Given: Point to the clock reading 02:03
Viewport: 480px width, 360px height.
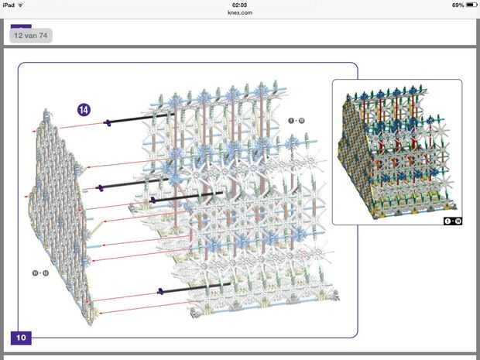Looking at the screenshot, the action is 239,5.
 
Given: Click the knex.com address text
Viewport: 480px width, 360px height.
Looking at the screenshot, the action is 239,12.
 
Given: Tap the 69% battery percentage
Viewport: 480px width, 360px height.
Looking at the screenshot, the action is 458,5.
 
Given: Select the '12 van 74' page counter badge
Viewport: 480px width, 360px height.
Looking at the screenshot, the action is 31,36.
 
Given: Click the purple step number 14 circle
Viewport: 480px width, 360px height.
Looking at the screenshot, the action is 84,110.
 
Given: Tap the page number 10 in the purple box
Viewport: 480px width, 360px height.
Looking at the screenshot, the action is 21,338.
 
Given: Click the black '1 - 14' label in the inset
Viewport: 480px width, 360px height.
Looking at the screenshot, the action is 452,221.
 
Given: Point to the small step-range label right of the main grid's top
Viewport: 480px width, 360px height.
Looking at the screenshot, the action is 296,121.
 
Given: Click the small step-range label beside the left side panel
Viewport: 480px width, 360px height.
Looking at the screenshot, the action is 40,273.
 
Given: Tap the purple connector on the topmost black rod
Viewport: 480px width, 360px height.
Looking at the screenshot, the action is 108,122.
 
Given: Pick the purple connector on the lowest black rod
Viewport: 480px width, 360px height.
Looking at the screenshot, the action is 159,291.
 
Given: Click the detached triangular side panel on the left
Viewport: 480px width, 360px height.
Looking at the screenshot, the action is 62,217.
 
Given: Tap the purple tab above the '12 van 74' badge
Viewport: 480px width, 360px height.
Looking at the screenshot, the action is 21,26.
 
